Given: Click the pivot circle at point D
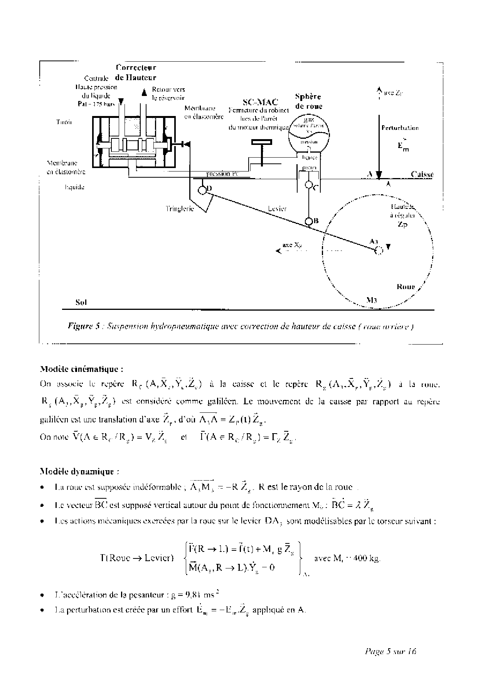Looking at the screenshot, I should [x=202, y=190].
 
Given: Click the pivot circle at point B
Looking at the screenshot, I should [x=309, y=221].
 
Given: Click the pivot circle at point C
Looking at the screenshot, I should [x=308, y=185].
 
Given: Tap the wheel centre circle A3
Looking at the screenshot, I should [x=378, y=251].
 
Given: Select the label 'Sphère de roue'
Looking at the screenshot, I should [x=308, y=101].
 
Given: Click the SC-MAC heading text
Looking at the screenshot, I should [x=260, y=102].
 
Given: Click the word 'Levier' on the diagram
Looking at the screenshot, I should [x=277, y=209].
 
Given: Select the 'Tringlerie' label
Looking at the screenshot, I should [x=180, y=209].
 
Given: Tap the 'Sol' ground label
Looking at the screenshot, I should [x=81, y=303].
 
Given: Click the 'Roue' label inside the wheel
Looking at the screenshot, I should [x=406, y=286].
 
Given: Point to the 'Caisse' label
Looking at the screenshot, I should [x=422, y=174].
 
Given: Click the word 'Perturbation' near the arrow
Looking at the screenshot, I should [x=400, y=128].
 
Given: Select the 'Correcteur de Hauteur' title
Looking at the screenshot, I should [x=136, y=72].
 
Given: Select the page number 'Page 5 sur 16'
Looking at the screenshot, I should [x=390, y=652].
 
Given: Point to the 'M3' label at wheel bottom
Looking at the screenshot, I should [x=371, y=300].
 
